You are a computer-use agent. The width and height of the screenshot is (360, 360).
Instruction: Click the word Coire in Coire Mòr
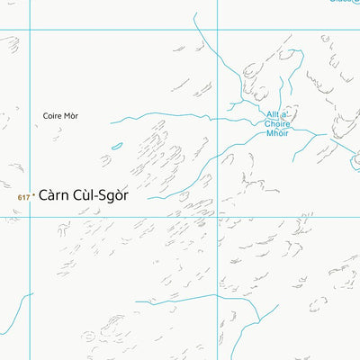tap(52, 116)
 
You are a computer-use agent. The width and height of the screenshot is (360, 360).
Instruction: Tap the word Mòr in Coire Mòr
tap(71, 116)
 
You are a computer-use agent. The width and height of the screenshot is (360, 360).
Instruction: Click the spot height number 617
tap(23, 195)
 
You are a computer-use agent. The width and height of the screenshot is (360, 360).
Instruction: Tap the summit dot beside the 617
tap(33, 194)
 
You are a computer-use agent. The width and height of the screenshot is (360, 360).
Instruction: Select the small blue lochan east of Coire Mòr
tap(117, 146)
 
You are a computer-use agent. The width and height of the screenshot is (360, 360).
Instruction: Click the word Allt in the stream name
tap(274, 114)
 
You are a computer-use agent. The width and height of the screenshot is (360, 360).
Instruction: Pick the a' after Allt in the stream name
tap(289, 114)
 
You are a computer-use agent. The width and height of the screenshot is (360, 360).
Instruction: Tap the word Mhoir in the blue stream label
tap(278, 134)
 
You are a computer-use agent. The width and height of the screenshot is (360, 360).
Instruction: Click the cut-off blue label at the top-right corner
tap(345, 3)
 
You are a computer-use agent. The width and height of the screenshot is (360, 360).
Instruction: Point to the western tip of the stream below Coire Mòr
tap(112, 122)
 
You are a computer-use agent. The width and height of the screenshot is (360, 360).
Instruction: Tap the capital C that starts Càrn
tap(44, 193)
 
